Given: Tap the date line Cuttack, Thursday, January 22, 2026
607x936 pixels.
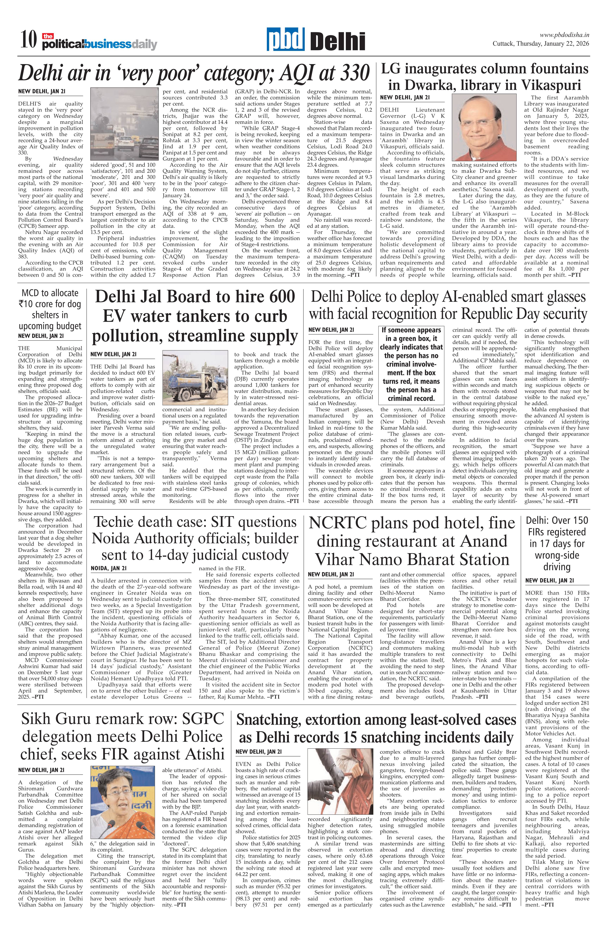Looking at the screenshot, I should [541, 44].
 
